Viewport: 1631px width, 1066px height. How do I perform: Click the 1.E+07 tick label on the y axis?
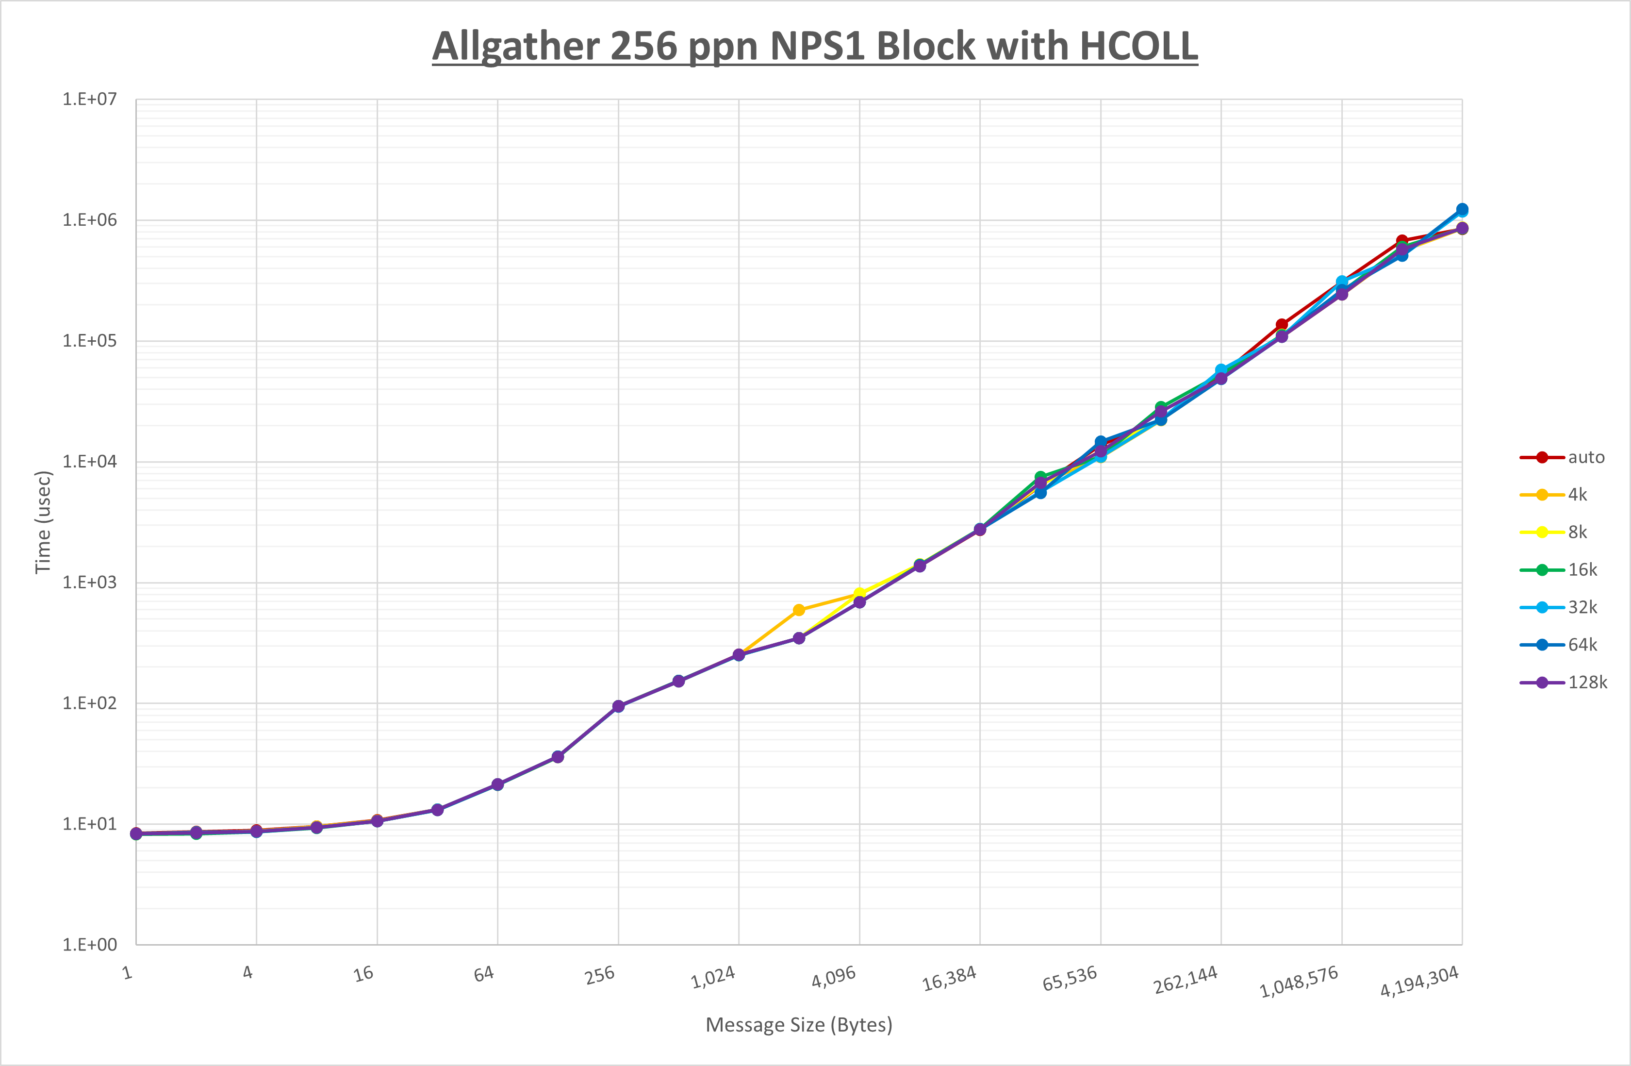(x=90, y=100)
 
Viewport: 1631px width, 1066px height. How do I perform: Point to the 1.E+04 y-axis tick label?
(x=90, y=461)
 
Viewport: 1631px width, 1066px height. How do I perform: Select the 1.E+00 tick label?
(x=90, y=945)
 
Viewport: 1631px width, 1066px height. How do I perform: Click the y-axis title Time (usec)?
(x=43, y=522)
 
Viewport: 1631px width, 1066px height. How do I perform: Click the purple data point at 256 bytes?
(x=618, y=706)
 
